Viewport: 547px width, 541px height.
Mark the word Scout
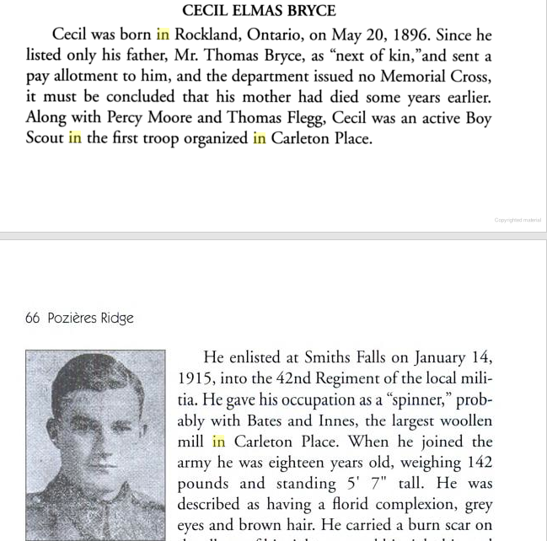pos(44,137)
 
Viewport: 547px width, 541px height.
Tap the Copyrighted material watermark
pos(518,220)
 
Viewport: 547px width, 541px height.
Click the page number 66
pos(34,318)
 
